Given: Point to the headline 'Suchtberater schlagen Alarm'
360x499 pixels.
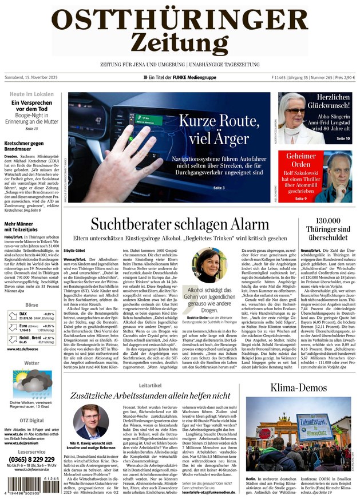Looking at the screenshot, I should click(179, 224).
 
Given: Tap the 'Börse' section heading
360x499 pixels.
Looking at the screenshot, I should click(31, 306).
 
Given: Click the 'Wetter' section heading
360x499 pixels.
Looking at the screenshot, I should click(31, 363).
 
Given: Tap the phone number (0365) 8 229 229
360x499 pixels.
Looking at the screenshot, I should click(31, 459).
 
